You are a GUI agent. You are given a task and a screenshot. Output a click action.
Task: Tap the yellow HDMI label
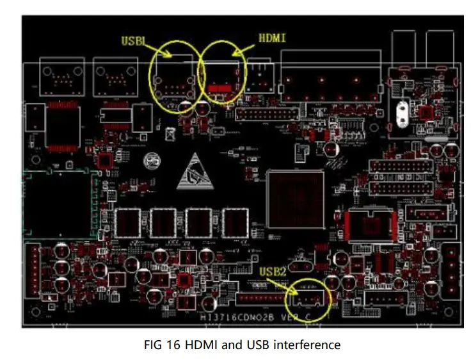click(271, 38)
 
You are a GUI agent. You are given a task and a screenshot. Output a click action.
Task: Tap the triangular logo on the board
click(196, 172)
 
